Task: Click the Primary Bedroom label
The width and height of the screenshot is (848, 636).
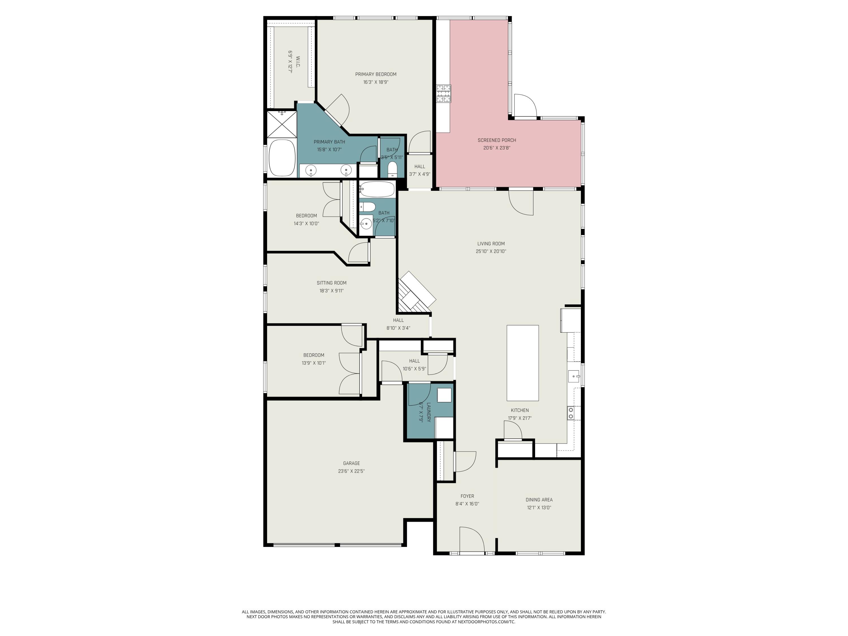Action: (375, 74)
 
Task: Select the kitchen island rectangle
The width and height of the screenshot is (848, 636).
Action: (523, 363)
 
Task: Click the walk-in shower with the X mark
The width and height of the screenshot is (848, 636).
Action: (282, 124)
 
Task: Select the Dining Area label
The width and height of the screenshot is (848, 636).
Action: (539, 499)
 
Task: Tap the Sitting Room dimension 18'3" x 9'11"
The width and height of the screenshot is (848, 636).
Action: (331, 291)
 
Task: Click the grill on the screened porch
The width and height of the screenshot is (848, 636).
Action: (444, 94)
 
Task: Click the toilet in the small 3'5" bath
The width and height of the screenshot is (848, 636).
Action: (392, 169)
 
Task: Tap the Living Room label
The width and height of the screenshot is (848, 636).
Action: (491, 243)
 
